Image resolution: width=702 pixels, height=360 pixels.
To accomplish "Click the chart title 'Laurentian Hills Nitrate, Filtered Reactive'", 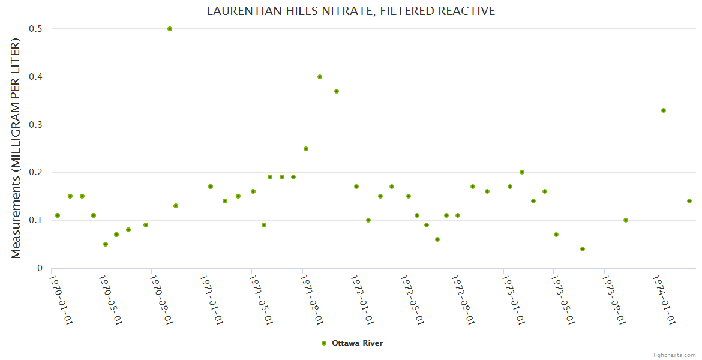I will [x=351, y=11].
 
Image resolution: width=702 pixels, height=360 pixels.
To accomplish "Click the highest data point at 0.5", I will [x=170, y=29].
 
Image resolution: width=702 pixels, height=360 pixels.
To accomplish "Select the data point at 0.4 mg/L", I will [x=320, y=77].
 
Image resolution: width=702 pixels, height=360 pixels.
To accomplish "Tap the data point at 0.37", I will [x=337, y=91].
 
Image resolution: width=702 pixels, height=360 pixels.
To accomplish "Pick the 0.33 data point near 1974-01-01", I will [x=664, y=110].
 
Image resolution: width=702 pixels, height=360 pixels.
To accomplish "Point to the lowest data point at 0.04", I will [x=583, y=249].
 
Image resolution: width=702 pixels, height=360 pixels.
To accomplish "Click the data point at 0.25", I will [x=306, y=149].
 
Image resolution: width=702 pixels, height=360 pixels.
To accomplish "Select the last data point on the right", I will [x=689, y=201].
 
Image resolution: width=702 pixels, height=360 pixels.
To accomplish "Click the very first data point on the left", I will [x=58, y=215].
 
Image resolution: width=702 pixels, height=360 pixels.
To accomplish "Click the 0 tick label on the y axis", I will [x=40, y=268].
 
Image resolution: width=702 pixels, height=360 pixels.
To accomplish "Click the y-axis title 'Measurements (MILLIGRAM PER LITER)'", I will [x=16, y=148].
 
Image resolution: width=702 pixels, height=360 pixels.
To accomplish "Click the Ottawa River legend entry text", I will [x=357, y=343].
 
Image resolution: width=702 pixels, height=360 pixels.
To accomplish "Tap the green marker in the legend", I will [x=324, y=343].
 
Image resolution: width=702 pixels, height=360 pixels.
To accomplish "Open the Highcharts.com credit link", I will [x=673, y=355].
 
